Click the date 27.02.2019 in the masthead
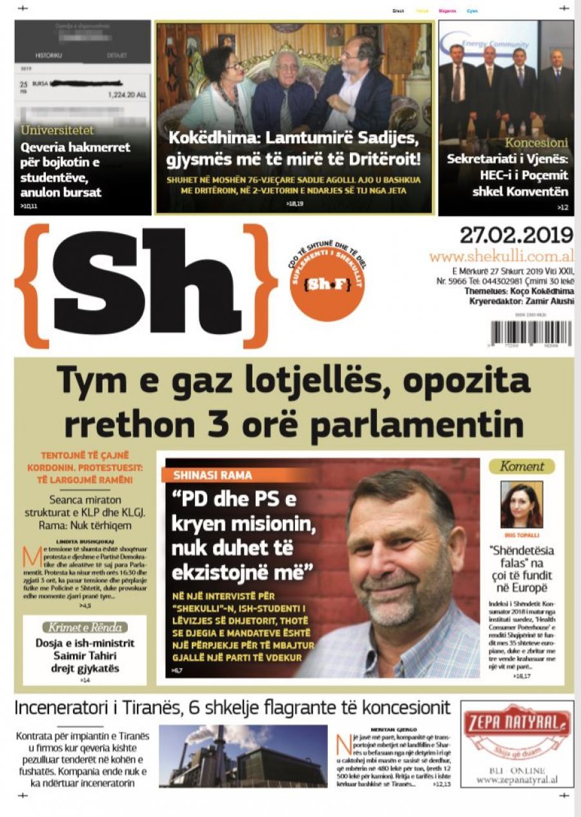pos(516,235)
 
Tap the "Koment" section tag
pos(521,466)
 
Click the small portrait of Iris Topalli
pos(521,504)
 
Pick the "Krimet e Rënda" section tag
pos(85,627)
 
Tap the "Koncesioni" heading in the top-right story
pos(536,143)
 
